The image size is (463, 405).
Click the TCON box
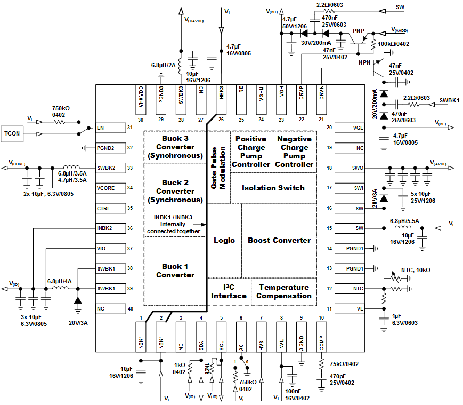pos(13,133)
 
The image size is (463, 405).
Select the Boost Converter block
pos(279,240)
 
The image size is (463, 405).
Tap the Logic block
pos(224,240)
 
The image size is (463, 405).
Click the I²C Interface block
pos(229,291)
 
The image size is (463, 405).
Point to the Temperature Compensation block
pos(284,291)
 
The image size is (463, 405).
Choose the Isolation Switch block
pos(273,188)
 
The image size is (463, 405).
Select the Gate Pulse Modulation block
pos(217,166)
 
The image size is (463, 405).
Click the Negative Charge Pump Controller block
pos(294,152)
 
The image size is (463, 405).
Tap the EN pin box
pos(110,128)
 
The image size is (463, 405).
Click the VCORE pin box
pos(110,188)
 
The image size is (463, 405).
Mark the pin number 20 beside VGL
pos(329,128)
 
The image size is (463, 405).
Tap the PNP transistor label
pos(359,31)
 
